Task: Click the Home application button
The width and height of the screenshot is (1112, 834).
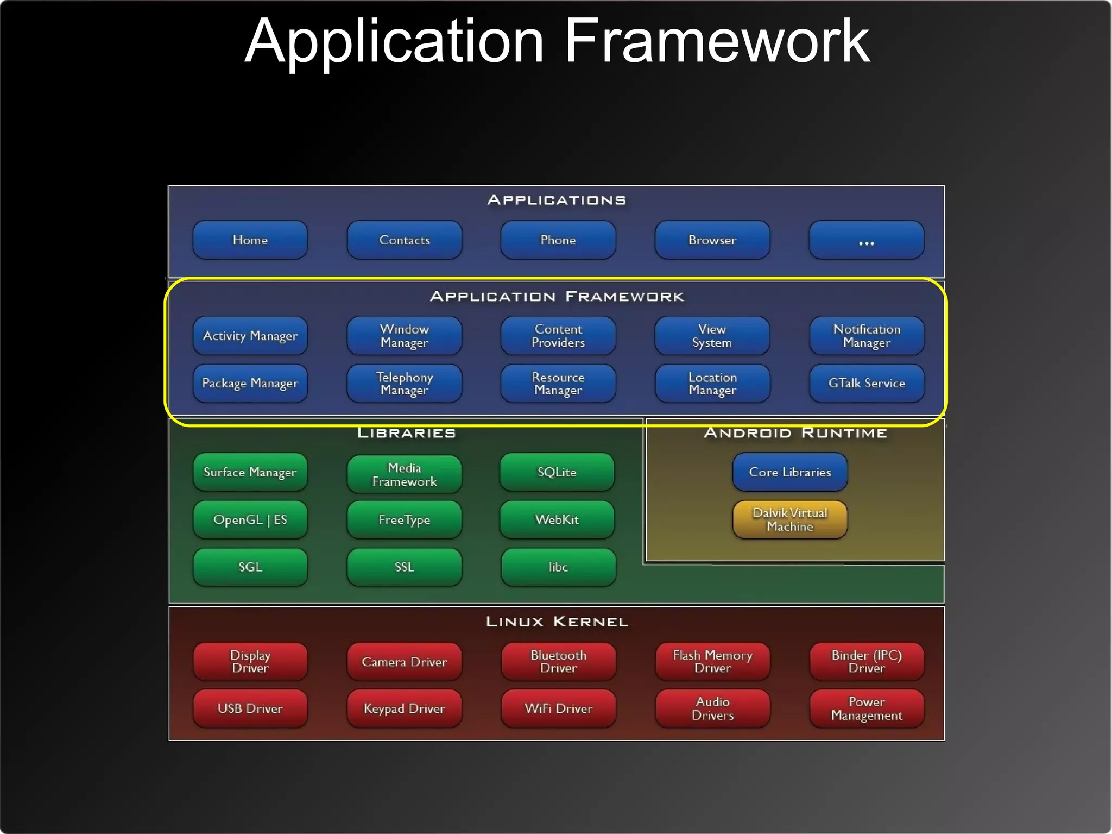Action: tap(250, 240)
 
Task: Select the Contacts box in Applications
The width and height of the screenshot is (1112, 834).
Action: tap(405, 240)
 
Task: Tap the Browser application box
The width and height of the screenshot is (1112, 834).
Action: tap(712, 240)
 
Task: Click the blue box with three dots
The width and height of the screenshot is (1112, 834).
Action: tap(867, 240)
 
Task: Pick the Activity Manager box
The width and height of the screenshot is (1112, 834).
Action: tap(250, 336)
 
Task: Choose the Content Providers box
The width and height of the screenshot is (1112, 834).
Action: tap(558, 336)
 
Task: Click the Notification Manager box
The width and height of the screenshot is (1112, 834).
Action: tap(867, 336)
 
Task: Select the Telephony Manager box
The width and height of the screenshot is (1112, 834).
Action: tap(405, 384)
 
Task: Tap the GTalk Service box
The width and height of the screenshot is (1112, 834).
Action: tap(867, 384)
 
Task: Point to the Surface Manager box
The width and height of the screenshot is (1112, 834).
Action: tap(250, 472)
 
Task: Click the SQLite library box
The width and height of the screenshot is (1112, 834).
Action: tap(557, 472)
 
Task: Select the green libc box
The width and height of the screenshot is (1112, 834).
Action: tap(558, 567)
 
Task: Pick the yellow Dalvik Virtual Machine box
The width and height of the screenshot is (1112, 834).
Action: tap(790, 520)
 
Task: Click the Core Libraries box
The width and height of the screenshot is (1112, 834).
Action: tap(790, 472)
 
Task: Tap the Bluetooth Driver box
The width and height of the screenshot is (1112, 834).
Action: tap(558, 662)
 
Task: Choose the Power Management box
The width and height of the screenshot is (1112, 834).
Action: tap(867, 708)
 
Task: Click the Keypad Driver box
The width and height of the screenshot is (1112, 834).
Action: tap(405, 708)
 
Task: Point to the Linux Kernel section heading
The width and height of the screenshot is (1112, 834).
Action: tap(557, 622)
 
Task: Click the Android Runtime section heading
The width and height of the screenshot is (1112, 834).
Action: tap(795, 433)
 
